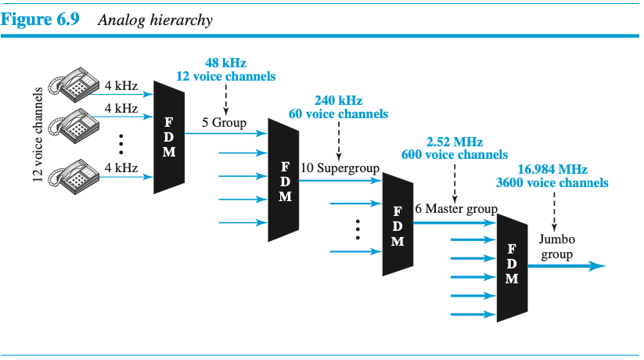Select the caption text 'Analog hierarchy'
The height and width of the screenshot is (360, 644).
[x=155, y=20]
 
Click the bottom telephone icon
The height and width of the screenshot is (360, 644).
[x=72, y=175]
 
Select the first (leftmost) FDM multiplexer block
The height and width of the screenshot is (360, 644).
[x=169, y=137]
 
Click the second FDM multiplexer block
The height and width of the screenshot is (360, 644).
[x=284, y=180]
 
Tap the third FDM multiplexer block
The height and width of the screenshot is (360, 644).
[x=398, y=224]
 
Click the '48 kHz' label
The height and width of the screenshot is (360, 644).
[x=225, y=63]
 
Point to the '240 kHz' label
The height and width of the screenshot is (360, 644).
[x=339, y=100]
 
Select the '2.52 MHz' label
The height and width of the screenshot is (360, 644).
[x=454, y=142]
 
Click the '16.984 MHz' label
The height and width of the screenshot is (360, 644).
[x=552, y=169]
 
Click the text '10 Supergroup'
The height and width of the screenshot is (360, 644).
[x=340, y=167]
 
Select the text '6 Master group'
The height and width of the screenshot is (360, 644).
[x=455, y=209]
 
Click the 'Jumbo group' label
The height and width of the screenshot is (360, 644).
[x=556, y=247]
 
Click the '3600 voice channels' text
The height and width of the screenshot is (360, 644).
[x=552, y=182]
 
